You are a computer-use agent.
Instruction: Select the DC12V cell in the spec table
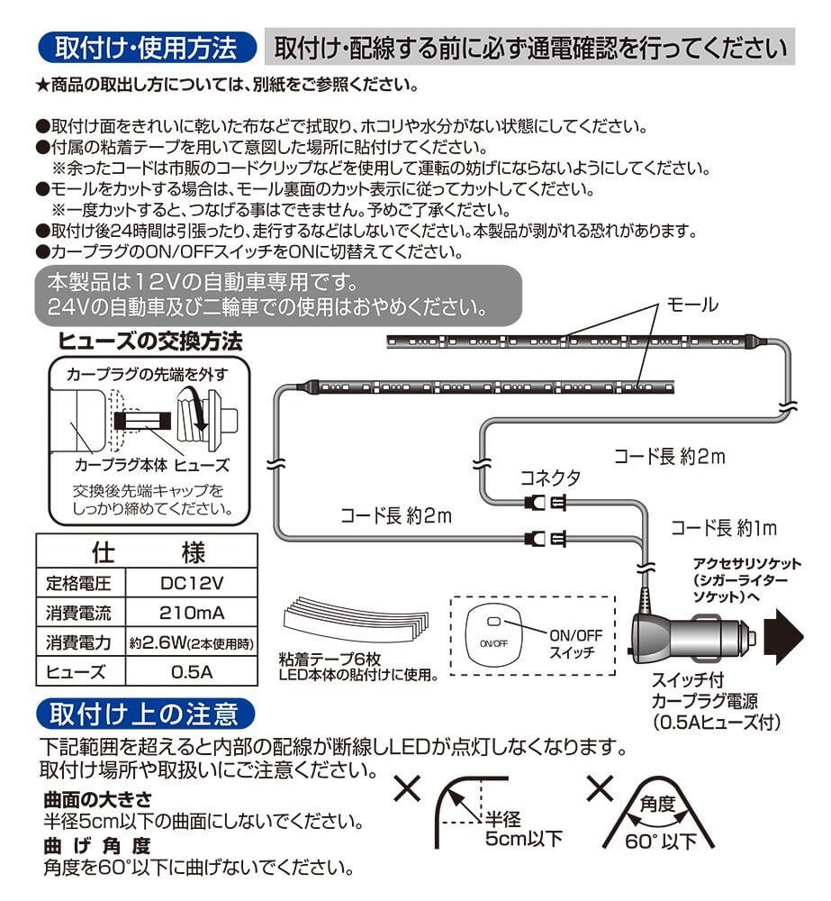[x=191, y=583]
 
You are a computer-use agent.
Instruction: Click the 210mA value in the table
[x=191, y=614]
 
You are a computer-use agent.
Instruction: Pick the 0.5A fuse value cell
[x=191, y=672]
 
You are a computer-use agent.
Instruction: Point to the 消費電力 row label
[x=79, y=643]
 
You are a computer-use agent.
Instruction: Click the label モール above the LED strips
[x=691, y=305]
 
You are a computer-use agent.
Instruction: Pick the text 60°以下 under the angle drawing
[x=661, y=842]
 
